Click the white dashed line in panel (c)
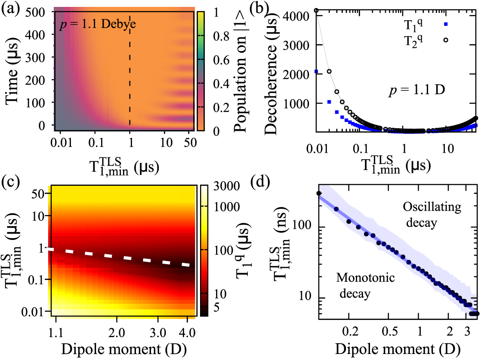[x=120, y=256]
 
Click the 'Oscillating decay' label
[x=432, y=215]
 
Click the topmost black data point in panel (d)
[x=319, y=194]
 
